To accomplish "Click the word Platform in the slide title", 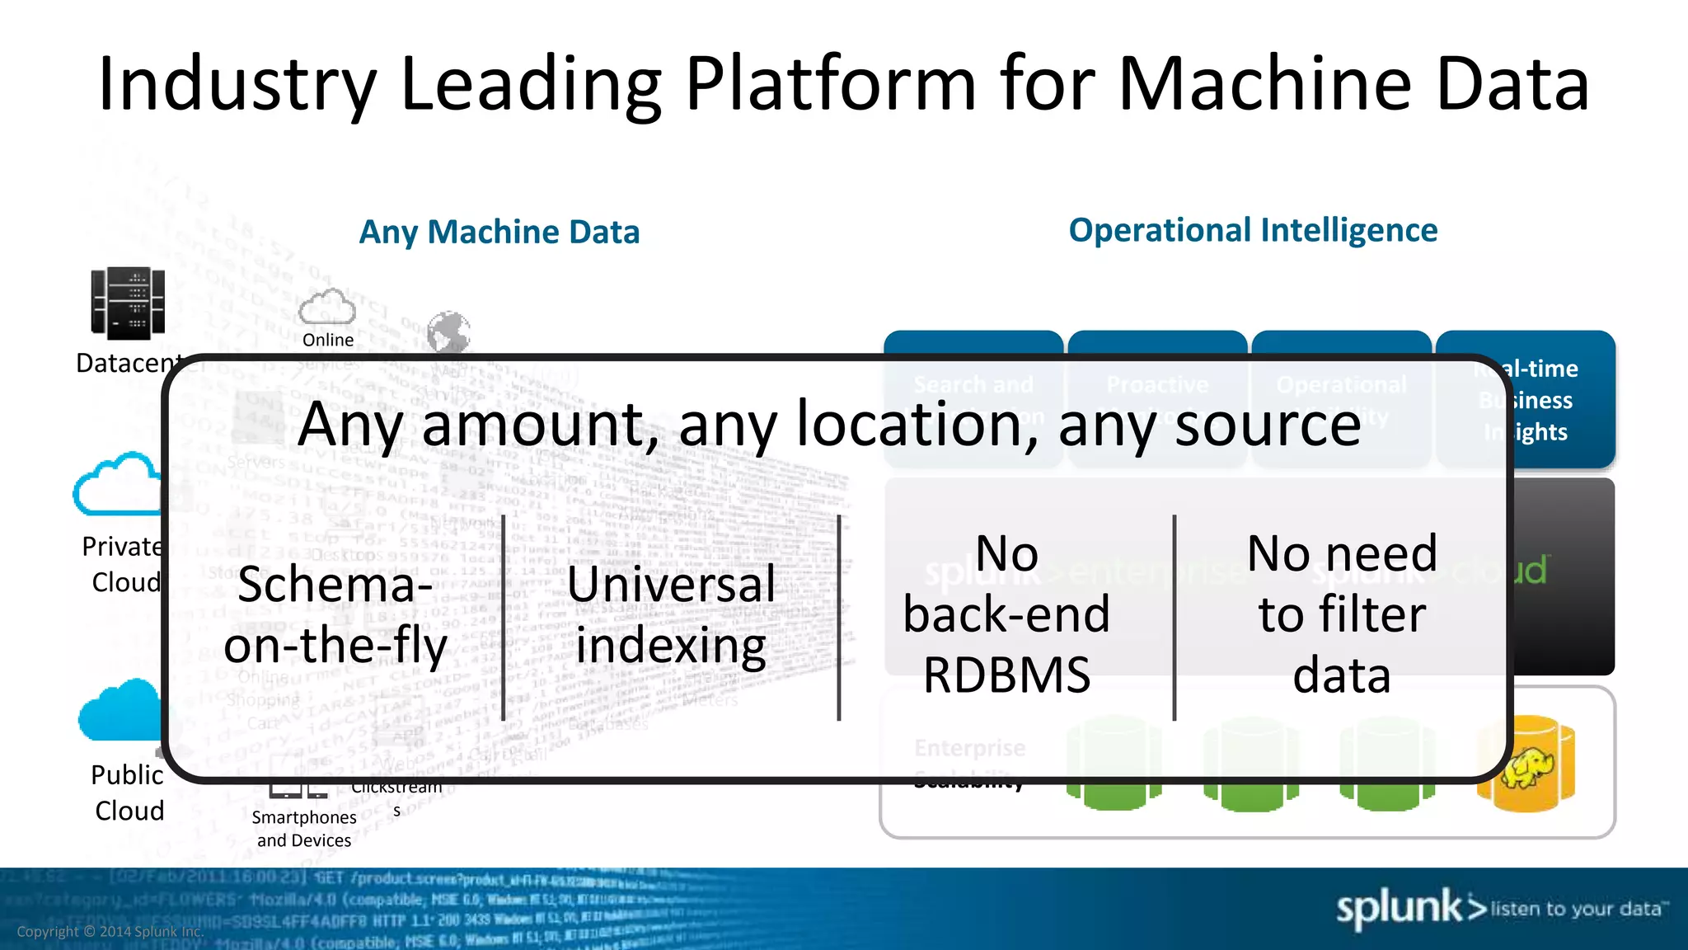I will pos(831,84).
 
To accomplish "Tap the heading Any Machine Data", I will pos(499,232).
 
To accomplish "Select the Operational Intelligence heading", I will pos(1253,230).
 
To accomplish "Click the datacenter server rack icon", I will pos(128,303).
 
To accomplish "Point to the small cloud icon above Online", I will pos(327,307).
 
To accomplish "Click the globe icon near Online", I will pos(448,332).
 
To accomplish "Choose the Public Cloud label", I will pos(129,792).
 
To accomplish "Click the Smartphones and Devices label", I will pos(304,828).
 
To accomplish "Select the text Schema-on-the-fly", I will pos(335,614).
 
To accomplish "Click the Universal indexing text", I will pos(671,614).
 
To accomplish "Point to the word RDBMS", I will pos(1006,675).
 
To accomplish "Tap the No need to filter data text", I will pos(1342,614).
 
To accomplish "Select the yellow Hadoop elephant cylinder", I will pos(1526,764).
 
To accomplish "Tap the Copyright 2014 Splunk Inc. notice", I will pos(110,931).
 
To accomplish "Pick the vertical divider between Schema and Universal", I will pos(503,618).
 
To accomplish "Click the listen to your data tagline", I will pos(1579,909).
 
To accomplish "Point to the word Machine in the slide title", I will pos(1265,84).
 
